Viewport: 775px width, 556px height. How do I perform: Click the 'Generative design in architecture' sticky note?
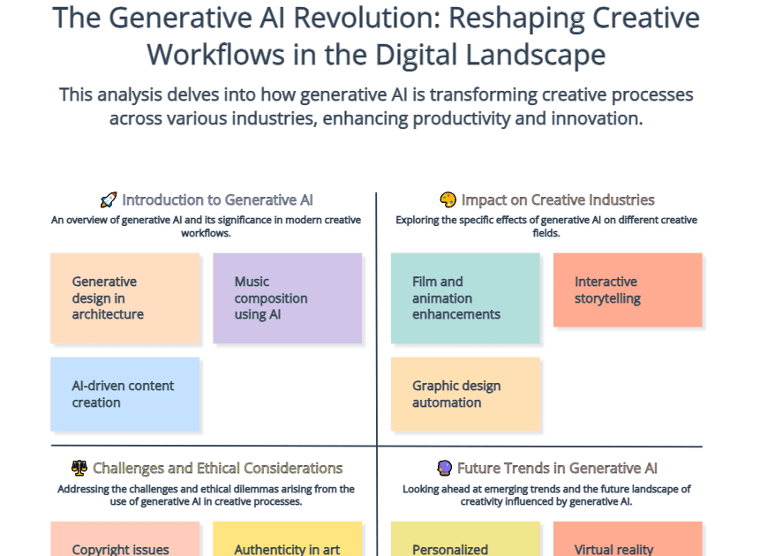(124, 298)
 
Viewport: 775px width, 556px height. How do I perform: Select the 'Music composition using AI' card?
(287, 298)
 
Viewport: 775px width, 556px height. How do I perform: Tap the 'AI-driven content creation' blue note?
(124, 394)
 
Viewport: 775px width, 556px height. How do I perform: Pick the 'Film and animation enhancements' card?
(465, 298)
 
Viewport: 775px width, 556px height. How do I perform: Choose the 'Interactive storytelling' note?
(628, 290)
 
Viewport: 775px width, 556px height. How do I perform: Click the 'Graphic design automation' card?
(465, 394)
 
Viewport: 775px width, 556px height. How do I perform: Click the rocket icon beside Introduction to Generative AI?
(108, 200)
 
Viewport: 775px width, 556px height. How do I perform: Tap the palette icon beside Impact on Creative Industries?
(448, 200)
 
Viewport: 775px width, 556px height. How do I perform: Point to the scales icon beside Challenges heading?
(79, 469)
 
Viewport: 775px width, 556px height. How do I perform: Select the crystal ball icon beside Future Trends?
(445, 469)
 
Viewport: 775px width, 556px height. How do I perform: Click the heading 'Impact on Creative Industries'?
(558, 200)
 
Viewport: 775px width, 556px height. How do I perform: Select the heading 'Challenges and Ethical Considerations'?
(217, 469)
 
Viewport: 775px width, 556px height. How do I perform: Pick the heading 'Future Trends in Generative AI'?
(557, 469)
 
